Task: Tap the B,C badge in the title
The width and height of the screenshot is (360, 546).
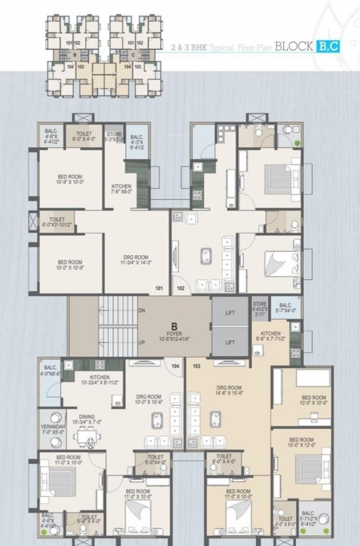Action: [x=328, y=48]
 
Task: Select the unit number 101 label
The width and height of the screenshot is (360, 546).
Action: [x=159, y=288]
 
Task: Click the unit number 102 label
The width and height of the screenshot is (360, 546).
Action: [x=181, y=288]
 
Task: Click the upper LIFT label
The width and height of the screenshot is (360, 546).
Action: [x=230, y=311]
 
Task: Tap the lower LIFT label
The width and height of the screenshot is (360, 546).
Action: [x=230, y=342]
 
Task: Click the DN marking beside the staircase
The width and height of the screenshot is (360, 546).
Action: [x=142, y=310]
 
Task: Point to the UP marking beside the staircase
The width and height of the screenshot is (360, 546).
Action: [x=142, y=342]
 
